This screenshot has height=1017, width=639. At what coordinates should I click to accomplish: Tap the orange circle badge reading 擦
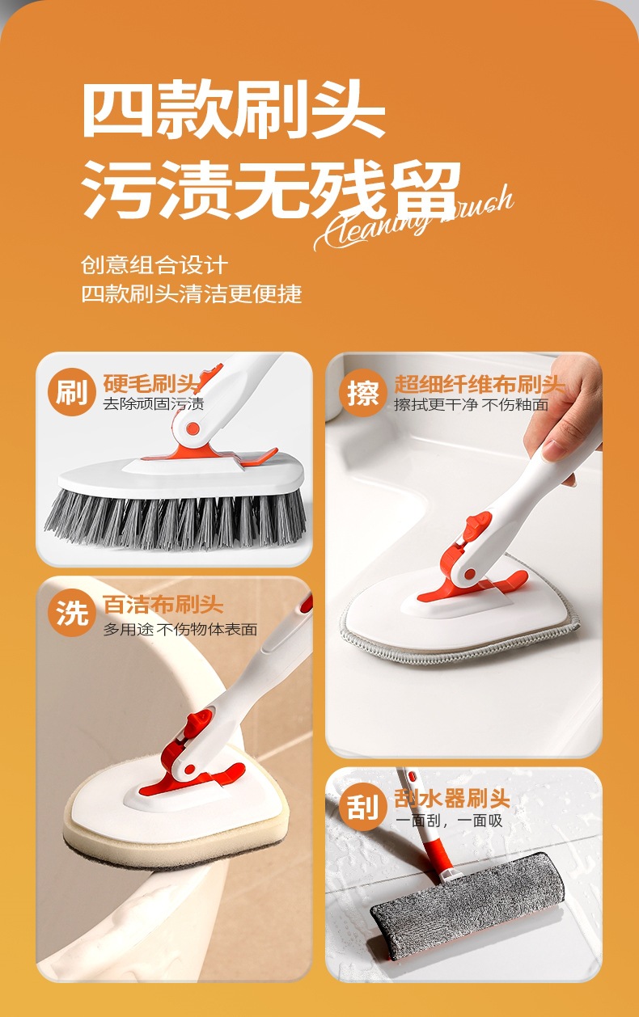[x=362, y=393]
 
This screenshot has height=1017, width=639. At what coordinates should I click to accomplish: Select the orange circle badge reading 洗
[x=71, y=613]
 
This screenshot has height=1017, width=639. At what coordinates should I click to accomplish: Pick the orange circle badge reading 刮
[x=362, y=807]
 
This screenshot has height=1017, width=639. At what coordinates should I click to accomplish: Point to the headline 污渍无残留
[x=271, y=190]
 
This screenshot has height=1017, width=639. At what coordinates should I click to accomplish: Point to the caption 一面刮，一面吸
[x=448, y=821]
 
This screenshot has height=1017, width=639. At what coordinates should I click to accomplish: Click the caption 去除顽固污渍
[x=153, y=403]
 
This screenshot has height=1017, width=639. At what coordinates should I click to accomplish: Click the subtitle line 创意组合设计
[x=154, y=264]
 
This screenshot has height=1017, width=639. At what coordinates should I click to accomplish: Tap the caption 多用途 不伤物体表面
[x=180, y=629]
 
